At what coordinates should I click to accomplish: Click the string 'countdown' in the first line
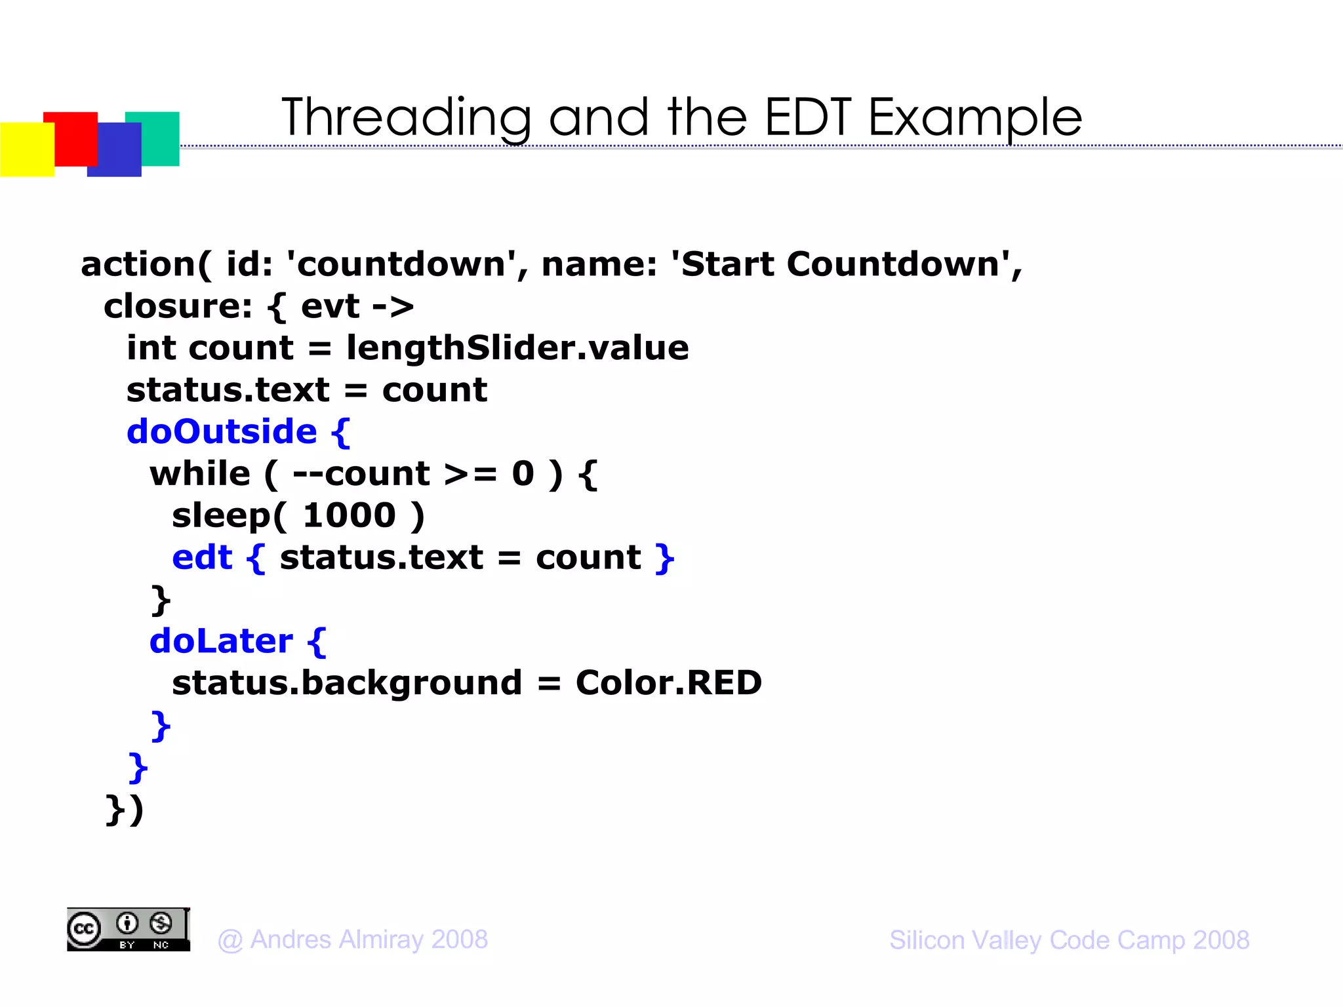click(401, 264)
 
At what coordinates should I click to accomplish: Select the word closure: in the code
click(178, 306)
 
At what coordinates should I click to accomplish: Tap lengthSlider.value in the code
click(517, 348)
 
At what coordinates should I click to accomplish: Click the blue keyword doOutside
click(222, 432)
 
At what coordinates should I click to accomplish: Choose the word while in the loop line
click(200, 474)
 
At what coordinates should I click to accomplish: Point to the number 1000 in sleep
click(350, 516)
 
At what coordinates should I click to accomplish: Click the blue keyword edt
click(202, 558)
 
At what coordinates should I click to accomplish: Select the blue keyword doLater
click(221, 641)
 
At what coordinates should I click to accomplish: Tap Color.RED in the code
click(668, 683)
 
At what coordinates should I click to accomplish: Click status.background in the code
click(347, 683)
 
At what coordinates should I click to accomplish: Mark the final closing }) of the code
click(125, 810)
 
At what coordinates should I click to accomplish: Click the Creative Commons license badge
click(129, 930)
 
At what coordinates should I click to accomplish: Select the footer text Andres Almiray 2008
click(353, 940)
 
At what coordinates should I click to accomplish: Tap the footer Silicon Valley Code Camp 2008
click(1069, 940)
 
